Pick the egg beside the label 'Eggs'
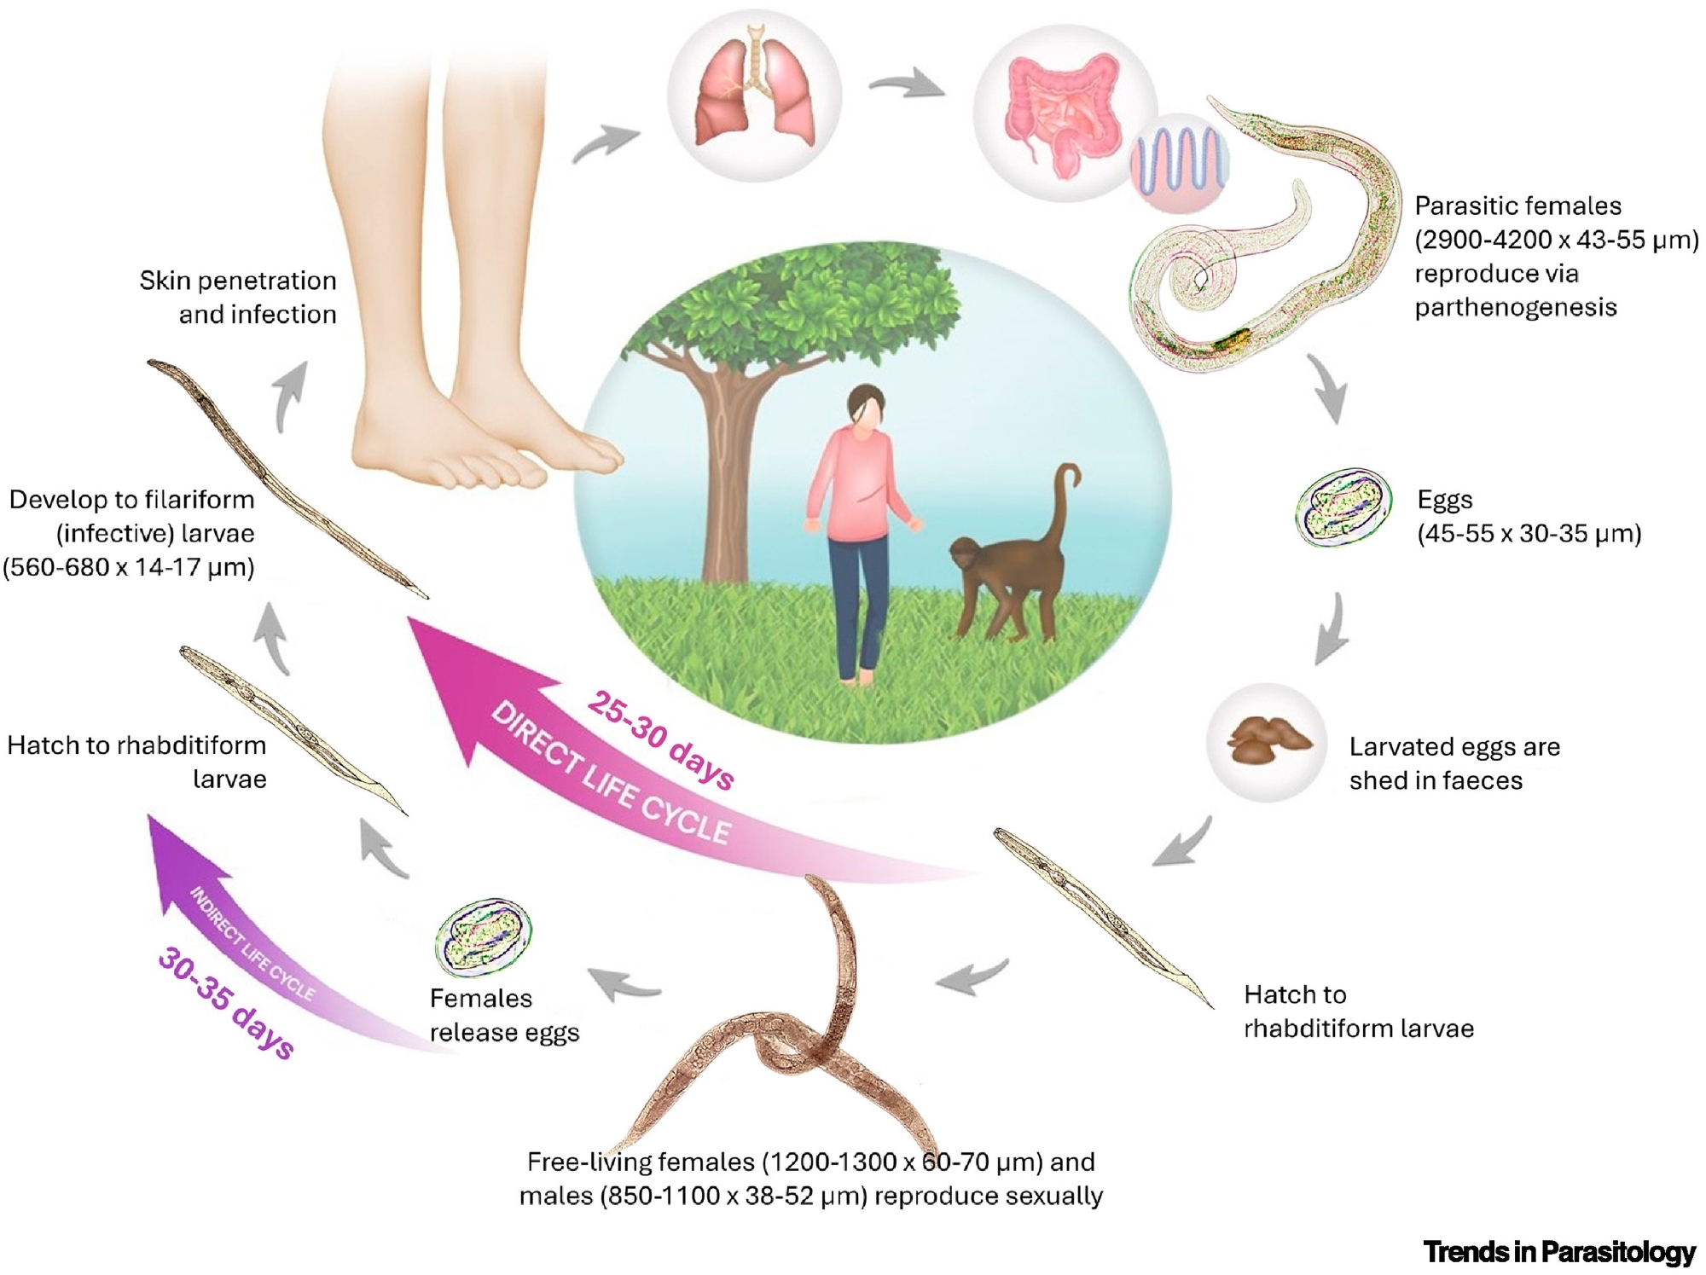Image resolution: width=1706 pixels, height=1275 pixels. (1343, 508)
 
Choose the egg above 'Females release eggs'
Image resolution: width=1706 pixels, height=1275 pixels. (484, 937)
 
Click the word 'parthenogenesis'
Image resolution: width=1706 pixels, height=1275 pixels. (1515, 307)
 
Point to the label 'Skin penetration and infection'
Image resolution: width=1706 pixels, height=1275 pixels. (238, 297)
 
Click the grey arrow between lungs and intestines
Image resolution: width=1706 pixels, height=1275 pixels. (908, 85)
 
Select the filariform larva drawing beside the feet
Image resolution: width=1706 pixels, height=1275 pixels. (285, 478)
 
